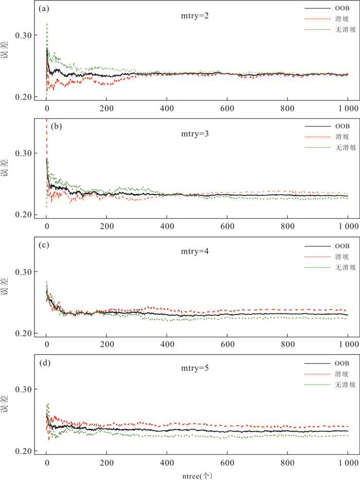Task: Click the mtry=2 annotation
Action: (191, 16)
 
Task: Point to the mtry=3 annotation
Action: (191, 134)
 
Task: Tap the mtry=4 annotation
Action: (191, 252)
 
